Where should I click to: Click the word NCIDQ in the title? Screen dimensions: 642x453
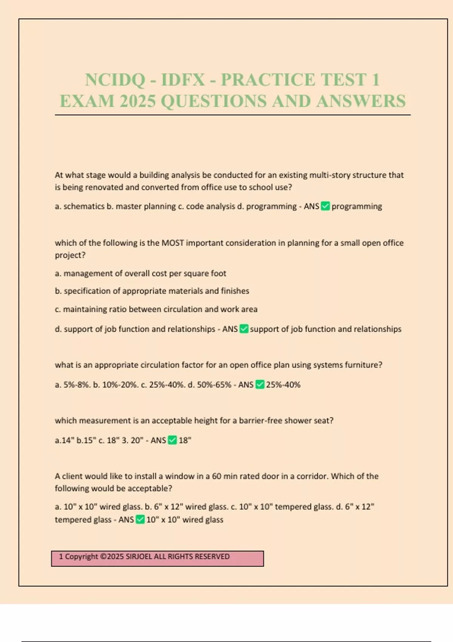pyautogui.click(x=115, y=80)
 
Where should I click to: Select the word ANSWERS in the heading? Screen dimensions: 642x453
pyautogui.click(x=361, y=101)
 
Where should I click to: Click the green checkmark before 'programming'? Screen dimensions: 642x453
pyautogui.click(x=325, y=206)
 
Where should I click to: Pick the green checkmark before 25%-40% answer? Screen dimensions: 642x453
pyautogui.click(x=260, y=384)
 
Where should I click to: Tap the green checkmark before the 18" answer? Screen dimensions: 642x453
pyautogui.click(x=172, y=440)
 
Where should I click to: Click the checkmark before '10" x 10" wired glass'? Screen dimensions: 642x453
pyautogui.click(x=140, y=520)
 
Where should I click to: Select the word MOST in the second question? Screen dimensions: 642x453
pyautogui.click(x=173, y=243)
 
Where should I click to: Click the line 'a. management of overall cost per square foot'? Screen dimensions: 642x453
pyautogui.click(x=140, y=273)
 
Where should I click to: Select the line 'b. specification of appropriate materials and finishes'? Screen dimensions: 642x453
pyautogui.click(x=152, y=291)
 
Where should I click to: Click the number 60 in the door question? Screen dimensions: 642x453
pyautogui.click(x=217, y=476)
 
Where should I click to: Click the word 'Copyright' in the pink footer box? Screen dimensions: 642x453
pyautogui.click(x=82, y=557)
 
